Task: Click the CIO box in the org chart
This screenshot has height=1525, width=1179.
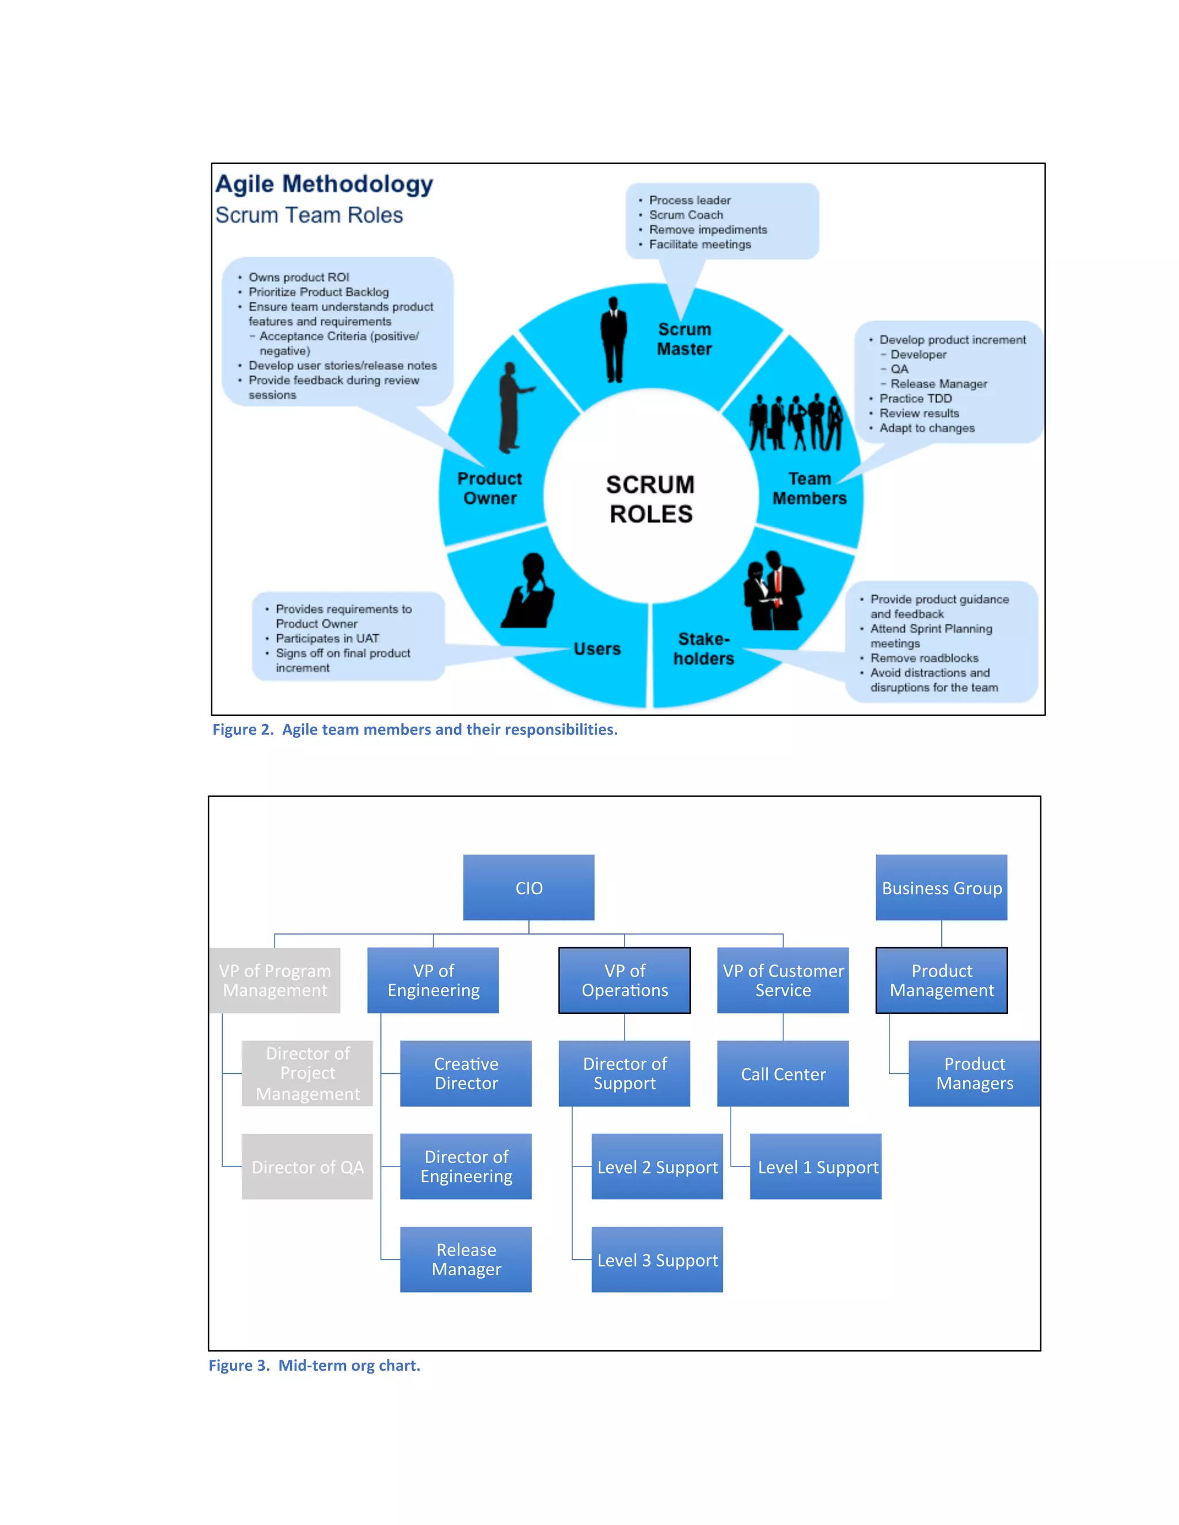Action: click(x=528, y=887)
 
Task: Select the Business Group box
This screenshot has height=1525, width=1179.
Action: click(x=941, y=887)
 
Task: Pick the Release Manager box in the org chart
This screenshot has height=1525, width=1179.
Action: click(x=465, y=1259)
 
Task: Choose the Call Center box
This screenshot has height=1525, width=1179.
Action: click(x=782, y=1073)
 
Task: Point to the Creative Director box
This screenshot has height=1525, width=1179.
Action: click(x=465, y=1073)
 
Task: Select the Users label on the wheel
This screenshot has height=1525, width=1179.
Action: click(x=596, y=649)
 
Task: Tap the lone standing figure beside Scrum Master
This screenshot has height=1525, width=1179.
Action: click(x=613, y=340)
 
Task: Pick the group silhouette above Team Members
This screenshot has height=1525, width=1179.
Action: click(x=796, y=422)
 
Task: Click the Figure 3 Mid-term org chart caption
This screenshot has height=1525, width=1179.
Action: click(x=314, y=1365)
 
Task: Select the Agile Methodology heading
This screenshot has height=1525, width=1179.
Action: click(x=324, y=184)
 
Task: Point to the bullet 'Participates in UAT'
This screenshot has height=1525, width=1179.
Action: click(x=327, y=638)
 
